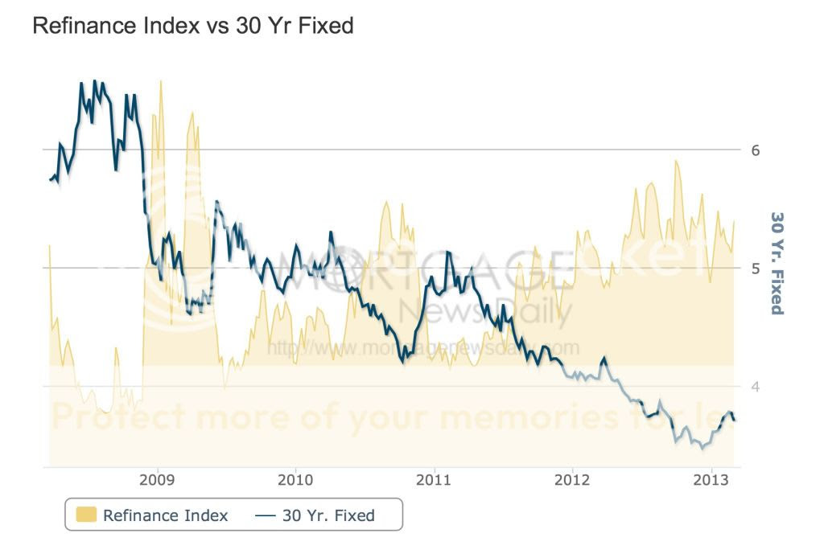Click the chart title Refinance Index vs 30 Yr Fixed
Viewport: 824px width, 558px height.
(x=192, y=26)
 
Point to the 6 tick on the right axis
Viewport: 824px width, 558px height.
(x=756, y=150)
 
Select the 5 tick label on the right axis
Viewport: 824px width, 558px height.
(x=756, y=268)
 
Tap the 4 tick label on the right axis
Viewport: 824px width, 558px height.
(x=756, y=386)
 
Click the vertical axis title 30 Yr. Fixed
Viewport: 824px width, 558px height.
(x=777, y=263)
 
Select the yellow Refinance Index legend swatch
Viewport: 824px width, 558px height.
(x=86, y=515)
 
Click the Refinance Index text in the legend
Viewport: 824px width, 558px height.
(x=165, y=515)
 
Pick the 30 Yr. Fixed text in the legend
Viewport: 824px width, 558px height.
(x=328, y=515)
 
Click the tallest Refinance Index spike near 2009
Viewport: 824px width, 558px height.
(x=161, y=82)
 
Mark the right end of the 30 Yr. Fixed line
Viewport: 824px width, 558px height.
(x=734, y=420)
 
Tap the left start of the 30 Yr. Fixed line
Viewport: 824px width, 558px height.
(x=50, y=179)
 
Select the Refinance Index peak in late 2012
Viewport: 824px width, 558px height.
(x=676, y=162)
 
